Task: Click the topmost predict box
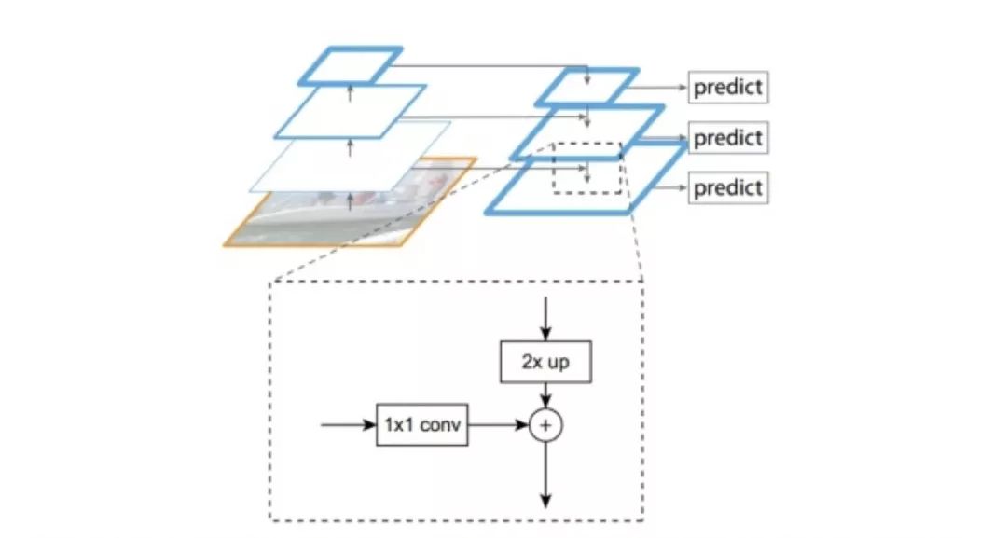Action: (728, 88)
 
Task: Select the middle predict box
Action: (728, 138)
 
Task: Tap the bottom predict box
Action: (728, 187)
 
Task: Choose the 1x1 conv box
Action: (421, 424)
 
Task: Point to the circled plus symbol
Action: (546, 425)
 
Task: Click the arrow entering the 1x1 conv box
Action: (348, 425)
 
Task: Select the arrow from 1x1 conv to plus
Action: (498, 425)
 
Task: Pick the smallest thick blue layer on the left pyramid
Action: (350, 64)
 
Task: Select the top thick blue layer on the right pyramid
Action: (587, 87)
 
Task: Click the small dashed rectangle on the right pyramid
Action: (587, 168)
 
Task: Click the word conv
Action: (441, 424)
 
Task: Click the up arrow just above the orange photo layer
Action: (351, 200)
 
